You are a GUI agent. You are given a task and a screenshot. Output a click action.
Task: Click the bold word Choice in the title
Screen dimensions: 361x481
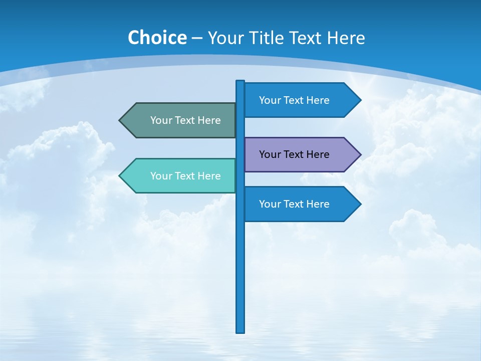point(157,38)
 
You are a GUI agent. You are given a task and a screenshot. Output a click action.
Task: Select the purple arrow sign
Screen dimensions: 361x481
point(296,154)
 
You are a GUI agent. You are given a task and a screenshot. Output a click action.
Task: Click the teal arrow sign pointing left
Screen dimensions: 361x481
point(180,176)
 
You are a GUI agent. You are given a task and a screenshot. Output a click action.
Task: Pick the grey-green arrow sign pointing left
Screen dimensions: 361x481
point(180,120)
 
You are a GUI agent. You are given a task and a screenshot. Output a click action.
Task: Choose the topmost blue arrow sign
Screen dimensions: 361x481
point(296,100)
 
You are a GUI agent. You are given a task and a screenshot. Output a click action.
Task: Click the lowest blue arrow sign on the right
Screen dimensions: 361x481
point(296,204)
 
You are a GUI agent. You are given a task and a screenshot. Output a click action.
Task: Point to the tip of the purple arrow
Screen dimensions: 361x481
point(360,154)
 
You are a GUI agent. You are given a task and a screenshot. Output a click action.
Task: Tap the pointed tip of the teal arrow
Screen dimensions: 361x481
point(120,176)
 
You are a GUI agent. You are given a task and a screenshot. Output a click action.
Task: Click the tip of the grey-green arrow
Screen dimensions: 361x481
point(120,120)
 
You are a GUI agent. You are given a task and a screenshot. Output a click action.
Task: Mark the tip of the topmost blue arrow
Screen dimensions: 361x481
point(360,100)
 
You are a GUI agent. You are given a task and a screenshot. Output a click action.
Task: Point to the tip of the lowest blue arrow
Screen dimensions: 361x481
point(360,204)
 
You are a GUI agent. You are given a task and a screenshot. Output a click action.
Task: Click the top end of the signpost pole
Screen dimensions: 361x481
point(240,82)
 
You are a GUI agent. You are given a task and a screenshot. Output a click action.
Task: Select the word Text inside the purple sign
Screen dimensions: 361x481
point(294,154)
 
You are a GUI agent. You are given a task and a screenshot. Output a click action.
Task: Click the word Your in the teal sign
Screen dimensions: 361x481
point(161,176)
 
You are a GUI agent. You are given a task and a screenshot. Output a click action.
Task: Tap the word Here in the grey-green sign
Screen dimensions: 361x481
point(209,120)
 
